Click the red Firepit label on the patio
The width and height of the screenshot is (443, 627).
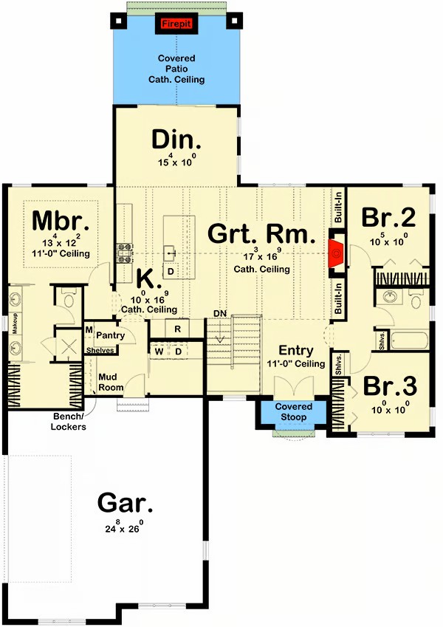176,24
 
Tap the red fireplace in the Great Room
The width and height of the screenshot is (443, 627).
335,253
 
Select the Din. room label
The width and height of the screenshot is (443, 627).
176,140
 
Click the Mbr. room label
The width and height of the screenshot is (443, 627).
60,221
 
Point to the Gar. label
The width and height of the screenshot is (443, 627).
125,503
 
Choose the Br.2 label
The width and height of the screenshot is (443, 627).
388,218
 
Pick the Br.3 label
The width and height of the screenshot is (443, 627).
390,386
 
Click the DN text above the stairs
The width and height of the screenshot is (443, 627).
220,313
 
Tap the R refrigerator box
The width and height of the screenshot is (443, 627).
177,329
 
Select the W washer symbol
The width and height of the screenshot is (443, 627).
159,352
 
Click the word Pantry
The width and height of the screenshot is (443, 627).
110,335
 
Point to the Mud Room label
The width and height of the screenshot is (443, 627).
111,382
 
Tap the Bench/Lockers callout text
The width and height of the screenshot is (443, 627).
69,422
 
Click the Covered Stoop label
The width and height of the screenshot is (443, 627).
293,412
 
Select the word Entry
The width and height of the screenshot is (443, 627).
296,350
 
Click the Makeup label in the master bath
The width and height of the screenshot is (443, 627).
14,323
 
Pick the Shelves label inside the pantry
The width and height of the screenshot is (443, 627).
100,351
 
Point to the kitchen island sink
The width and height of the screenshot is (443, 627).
171,253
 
